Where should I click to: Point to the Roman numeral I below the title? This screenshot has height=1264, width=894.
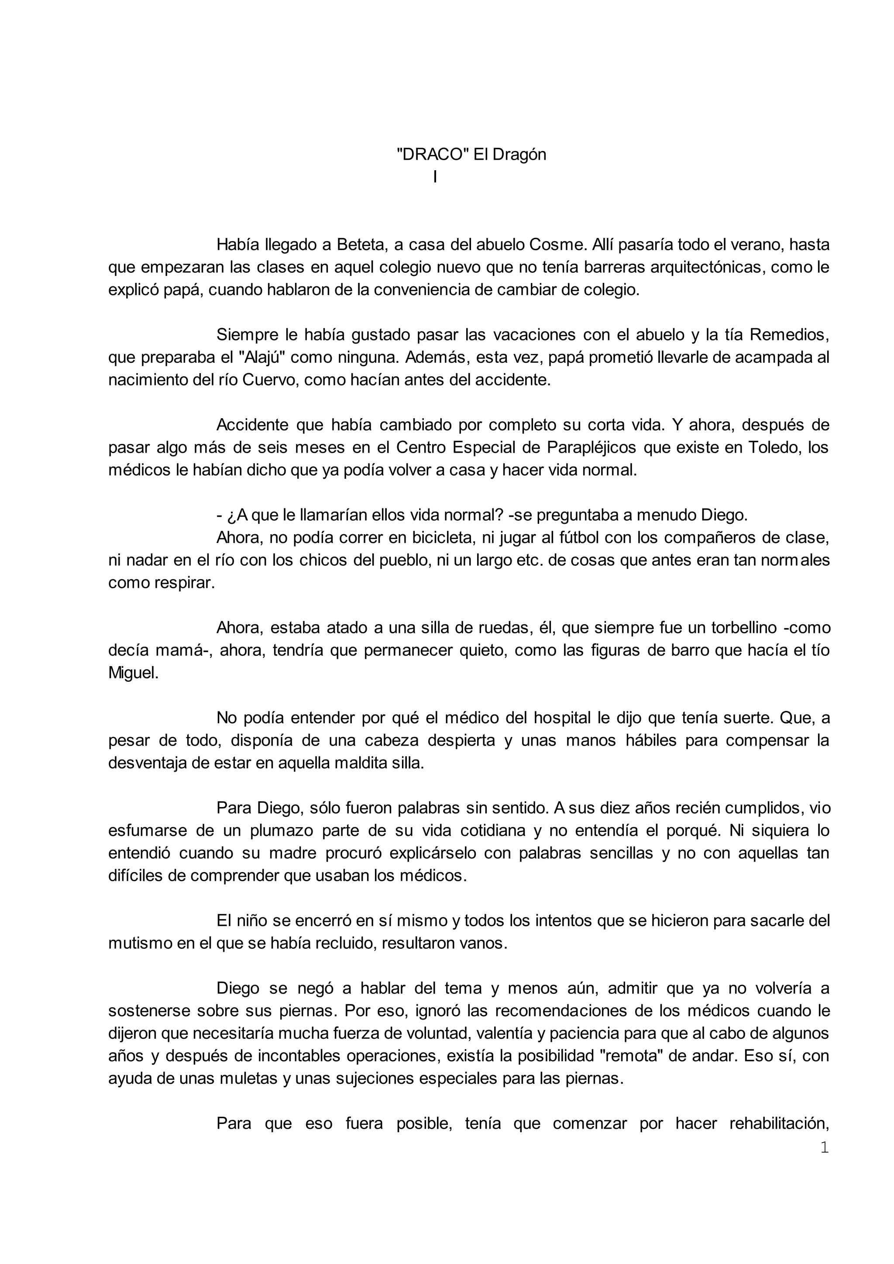(x=435, y=177)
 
